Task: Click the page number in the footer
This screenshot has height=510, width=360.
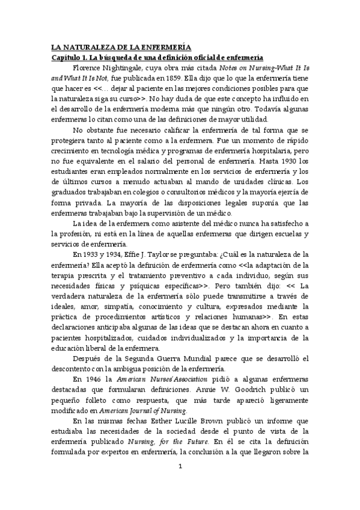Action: tap(180, 482)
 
